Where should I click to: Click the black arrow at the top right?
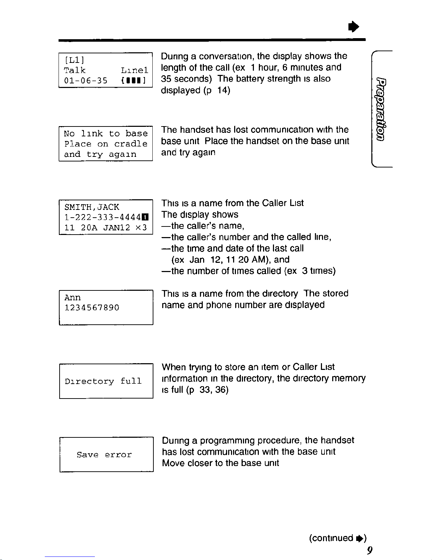pos(354,26)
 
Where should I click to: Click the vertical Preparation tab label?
pos(381,109)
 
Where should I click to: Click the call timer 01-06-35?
pos(86,81)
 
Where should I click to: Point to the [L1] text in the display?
pos(74,60)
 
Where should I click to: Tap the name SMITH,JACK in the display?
pos(92,207)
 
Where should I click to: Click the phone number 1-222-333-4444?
pos(103,217)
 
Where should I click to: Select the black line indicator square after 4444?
pos(145,217)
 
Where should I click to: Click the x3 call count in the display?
pos(141,228)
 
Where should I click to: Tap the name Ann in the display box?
pos(73,297)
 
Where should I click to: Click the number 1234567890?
pos(92,307)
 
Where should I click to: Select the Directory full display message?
pos(103,381)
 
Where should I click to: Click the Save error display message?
pos(104,455)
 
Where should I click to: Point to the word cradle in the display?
pos(131,144)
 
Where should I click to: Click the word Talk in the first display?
pos(75,70)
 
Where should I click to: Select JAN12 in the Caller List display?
pos(117,228)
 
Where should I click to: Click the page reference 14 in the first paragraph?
pos(224,90)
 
